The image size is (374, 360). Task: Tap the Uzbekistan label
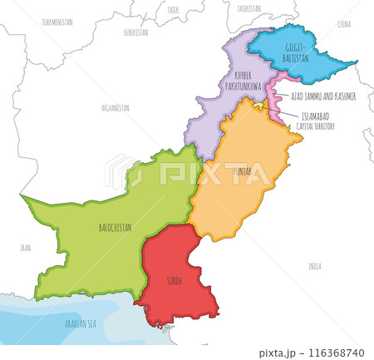coord(135,32)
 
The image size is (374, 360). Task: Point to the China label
coord(344,25)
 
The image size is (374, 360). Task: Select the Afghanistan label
coord(115,107)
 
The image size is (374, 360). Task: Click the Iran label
coord(26,247)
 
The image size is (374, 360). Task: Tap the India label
coord(314,266)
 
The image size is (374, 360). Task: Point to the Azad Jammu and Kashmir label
coord(323,96)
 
